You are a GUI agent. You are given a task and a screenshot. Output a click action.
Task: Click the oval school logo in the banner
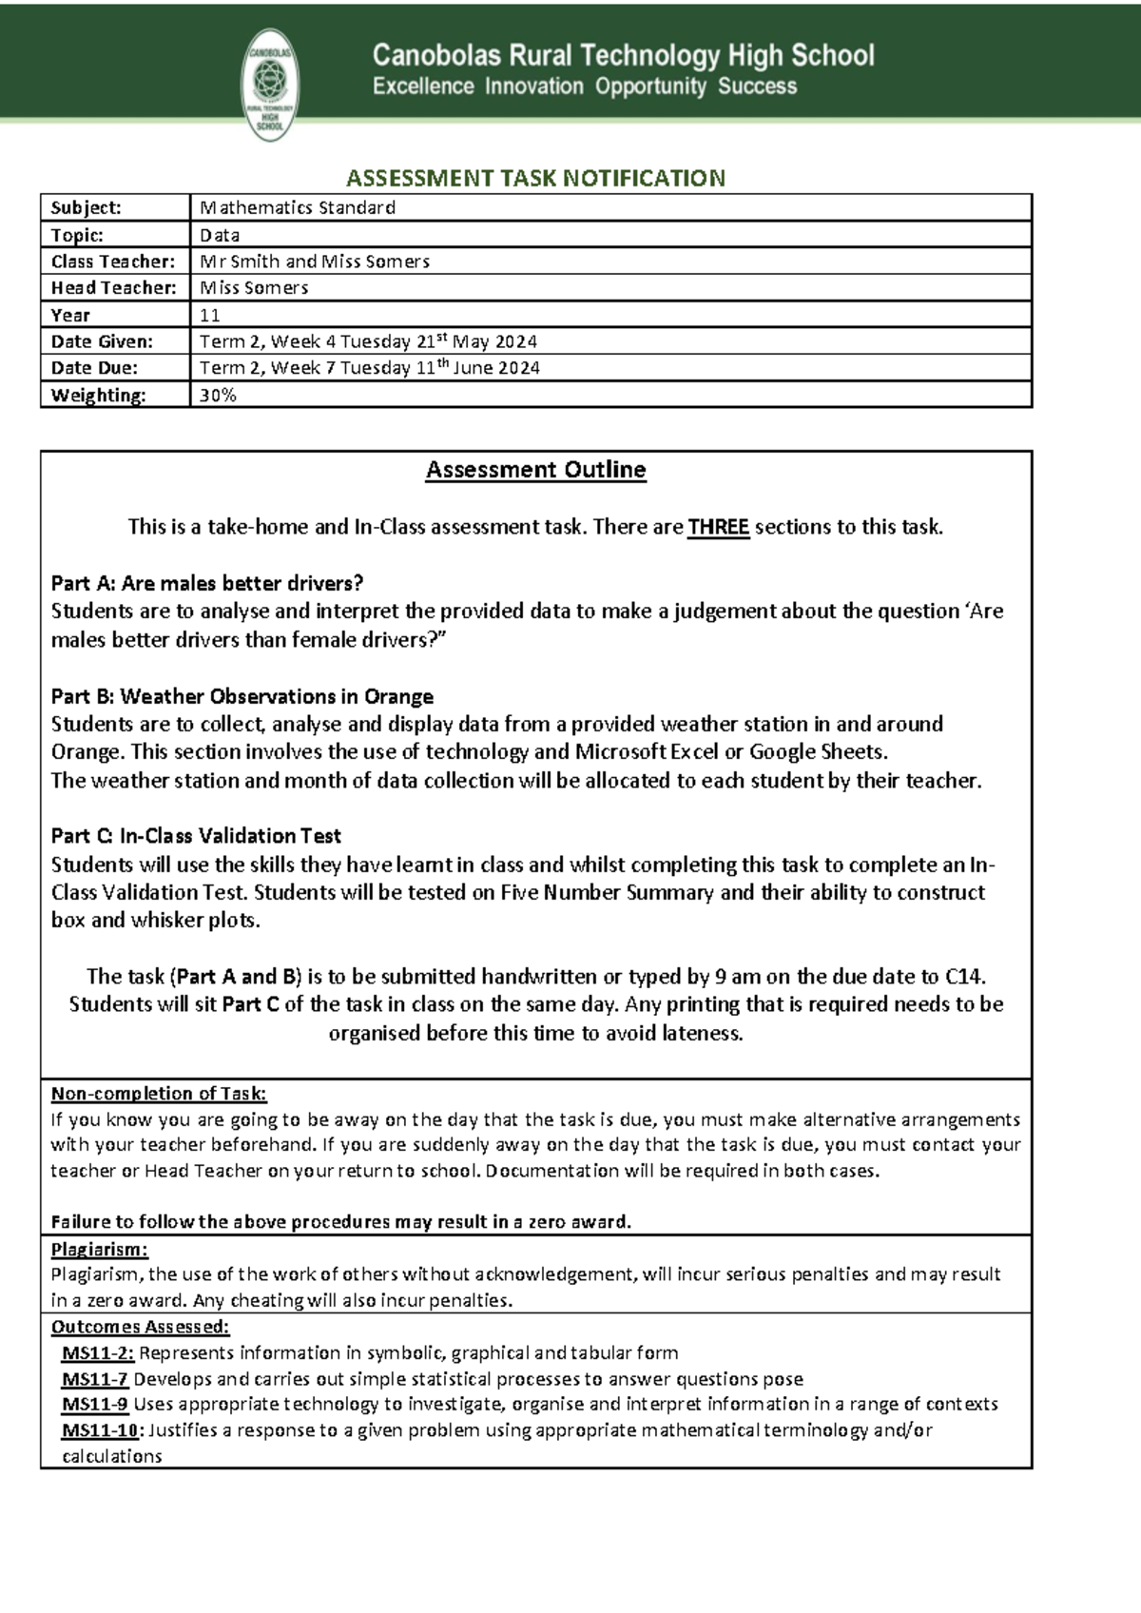click(x=272, y=84)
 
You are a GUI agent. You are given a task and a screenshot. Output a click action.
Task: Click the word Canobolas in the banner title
click(x=435, y=56)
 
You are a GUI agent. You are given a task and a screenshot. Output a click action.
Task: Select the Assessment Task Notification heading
click(x=535, y=178)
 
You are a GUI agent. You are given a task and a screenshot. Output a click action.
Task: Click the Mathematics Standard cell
click(x=297, y=207)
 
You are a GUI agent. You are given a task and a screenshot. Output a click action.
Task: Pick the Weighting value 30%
click(x=218, y=395)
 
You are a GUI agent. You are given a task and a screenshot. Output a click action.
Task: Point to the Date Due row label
click(x=94, y=368)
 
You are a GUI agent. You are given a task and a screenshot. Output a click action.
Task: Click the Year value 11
click(x=210, y=315)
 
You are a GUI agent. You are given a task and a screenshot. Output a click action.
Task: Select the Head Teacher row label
click(x=113, y=288)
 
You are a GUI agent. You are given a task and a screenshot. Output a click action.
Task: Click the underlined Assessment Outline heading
click(x=535, y=470)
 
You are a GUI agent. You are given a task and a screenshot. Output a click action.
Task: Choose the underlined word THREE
click(x=719, y=527)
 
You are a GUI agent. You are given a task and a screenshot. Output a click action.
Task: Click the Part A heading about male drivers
click(x=207, y=583)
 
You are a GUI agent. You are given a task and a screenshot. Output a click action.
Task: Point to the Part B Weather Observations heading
click(x=242, y=696)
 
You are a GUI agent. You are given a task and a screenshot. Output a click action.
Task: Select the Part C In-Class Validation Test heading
click(x=196, y=836)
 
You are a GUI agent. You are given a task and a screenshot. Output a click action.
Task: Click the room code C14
click(x=964, y=977)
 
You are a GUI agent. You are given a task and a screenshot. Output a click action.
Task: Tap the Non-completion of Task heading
click(x=159, y=1094)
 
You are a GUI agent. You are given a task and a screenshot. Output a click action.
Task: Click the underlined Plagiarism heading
click(x=100, y=1250)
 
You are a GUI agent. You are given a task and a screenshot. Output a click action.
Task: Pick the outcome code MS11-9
click(x=95, y=1405)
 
